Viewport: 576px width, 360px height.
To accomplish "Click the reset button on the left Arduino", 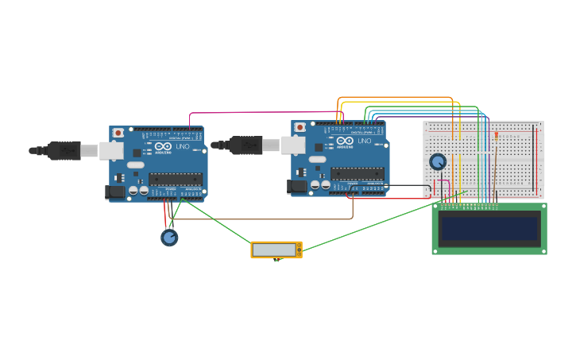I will (x=118, y=133).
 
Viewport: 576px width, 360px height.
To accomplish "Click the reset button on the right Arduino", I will (x=300, y=127).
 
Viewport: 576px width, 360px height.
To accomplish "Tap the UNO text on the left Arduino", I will (x=182, y=146).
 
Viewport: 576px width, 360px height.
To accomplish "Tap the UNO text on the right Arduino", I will (x=364, y=141).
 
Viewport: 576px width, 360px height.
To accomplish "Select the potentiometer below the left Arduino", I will (x=169, y=237).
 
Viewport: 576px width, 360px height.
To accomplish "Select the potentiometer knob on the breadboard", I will (x=438, y=162).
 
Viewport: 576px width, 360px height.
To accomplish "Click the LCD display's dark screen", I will (x=489, y=229).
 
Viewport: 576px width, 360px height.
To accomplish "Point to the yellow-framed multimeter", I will (x=276, y=250).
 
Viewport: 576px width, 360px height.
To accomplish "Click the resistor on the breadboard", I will (x=497, y=136).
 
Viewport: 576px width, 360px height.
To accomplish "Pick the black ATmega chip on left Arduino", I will (x=176, y=179).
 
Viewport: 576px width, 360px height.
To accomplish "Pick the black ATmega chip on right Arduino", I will (x=357, y=173).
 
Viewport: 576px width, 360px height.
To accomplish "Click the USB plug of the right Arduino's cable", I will (x=246, y=145).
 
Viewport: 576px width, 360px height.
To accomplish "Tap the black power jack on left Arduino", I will (x=116, y=192).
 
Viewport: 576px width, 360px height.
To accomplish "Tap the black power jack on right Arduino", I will (x=297, y=187).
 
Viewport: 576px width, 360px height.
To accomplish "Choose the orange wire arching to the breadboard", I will (x=397, y=98).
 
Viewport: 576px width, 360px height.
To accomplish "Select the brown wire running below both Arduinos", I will (x=270, y=219).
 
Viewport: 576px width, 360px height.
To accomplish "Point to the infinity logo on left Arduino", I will (x=163, y=146).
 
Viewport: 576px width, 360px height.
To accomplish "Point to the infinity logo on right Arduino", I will (x=345, y=141).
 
